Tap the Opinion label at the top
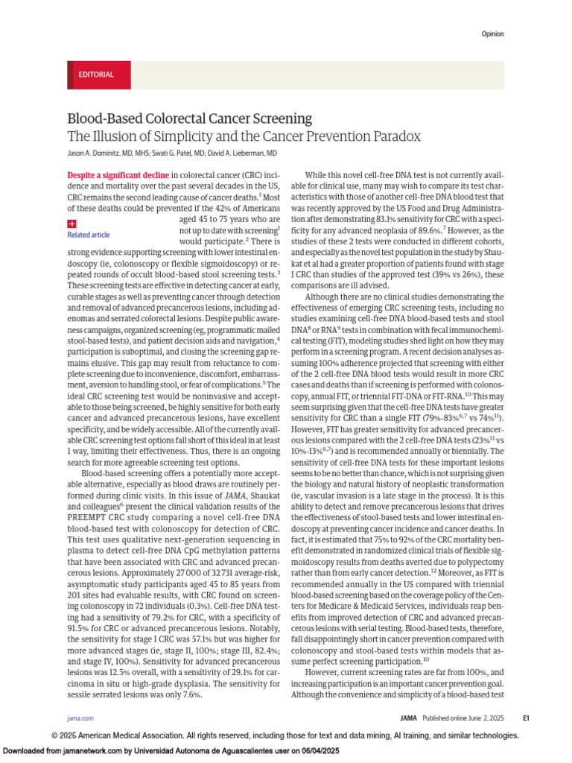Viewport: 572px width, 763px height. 492,34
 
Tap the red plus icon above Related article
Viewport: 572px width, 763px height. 71,224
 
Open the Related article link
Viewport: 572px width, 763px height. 88,235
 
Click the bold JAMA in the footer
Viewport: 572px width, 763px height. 410,718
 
